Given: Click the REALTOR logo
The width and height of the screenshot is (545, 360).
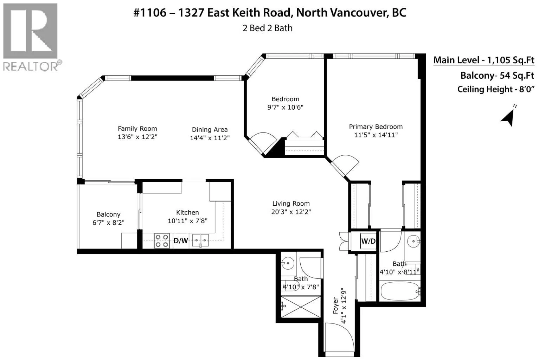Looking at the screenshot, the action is pos(32,37).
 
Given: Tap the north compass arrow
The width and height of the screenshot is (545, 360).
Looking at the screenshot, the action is pos(508,118).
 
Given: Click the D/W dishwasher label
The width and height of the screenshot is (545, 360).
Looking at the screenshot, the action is pos(180,241).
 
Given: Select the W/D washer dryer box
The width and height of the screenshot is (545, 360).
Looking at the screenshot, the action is pos(368,241).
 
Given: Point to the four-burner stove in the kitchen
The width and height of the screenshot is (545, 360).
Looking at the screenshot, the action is pos(162,241).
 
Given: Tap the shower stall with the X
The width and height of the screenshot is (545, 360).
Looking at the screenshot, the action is pos(301,307).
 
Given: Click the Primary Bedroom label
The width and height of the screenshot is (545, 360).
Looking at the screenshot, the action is pos(376,127).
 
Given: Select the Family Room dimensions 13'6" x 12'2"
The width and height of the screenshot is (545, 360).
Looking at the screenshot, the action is pos(137,137).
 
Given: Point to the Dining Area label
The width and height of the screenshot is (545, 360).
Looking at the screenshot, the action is pos(210,130).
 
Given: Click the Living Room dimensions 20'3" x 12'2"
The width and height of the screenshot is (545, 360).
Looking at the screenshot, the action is pos(291,212).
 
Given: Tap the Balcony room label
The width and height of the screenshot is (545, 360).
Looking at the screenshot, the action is pos(109,214).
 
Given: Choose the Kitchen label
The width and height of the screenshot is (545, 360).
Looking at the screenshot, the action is pos(187,213).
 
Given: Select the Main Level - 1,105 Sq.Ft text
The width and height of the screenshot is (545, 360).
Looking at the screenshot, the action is pos(484,60).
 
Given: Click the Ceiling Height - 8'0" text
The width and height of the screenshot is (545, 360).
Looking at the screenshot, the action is pos(496,89).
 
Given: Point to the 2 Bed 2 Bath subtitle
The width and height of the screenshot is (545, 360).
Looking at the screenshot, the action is pos(267,28).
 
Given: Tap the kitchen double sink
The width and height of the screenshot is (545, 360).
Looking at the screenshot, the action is pos(200,240).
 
